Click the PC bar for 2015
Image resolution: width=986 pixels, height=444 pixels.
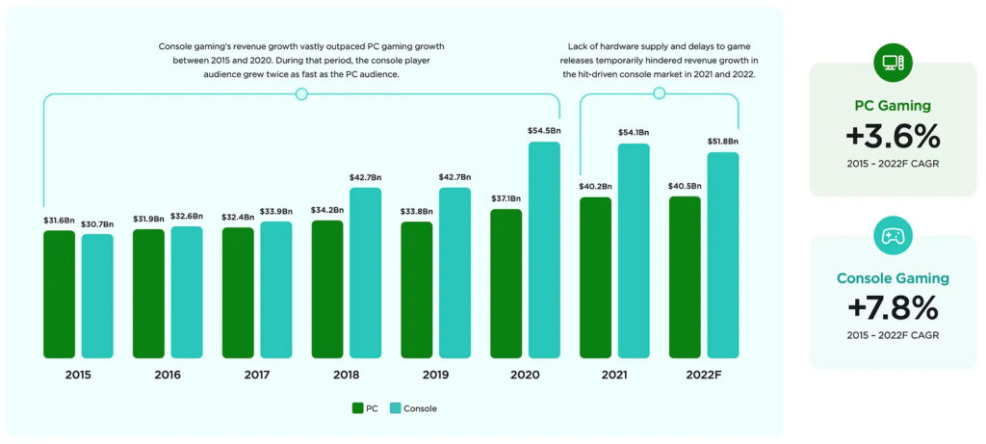(x=59, y=294)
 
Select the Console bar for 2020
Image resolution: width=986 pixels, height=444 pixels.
(x=544, y=249)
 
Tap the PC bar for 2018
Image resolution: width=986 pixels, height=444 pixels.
(x=327, y=289)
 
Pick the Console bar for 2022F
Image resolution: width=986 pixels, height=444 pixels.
(x=723, y=254)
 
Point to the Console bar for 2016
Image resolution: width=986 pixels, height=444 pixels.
(x=187, y=292)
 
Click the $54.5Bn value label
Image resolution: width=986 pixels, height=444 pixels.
(x=544, y=130)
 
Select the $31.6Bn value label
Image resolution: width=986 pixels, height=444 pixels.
(x=59, y=219)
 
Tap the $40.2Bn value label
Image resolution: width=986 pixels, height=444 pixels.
(x=596, y=186)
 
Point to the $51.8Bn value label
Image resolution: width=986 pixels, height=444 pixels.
(x=723, y=141)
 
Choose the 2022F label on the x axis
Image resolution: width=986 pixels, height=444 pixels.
(x=704, y=374)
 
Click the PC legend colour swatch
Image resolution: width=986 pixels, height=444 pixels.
(x=358, y=408)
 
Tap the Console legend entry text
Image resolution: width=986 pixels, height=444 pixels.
(x=420, y=408)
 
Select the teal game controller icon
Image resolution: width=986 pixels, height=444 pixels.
(x=893, y=236)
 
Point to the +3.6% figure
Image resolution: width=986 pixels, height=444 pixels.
(x=893, y=134)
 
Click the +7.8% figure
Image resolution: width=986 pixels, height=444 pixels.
(x=893, y=307)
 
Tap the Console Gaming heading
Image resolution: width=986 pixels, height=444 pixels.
(x=893, y=278)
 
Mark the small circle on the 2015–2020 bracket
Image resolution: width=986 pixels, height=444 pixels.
(x=301, y=93)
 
